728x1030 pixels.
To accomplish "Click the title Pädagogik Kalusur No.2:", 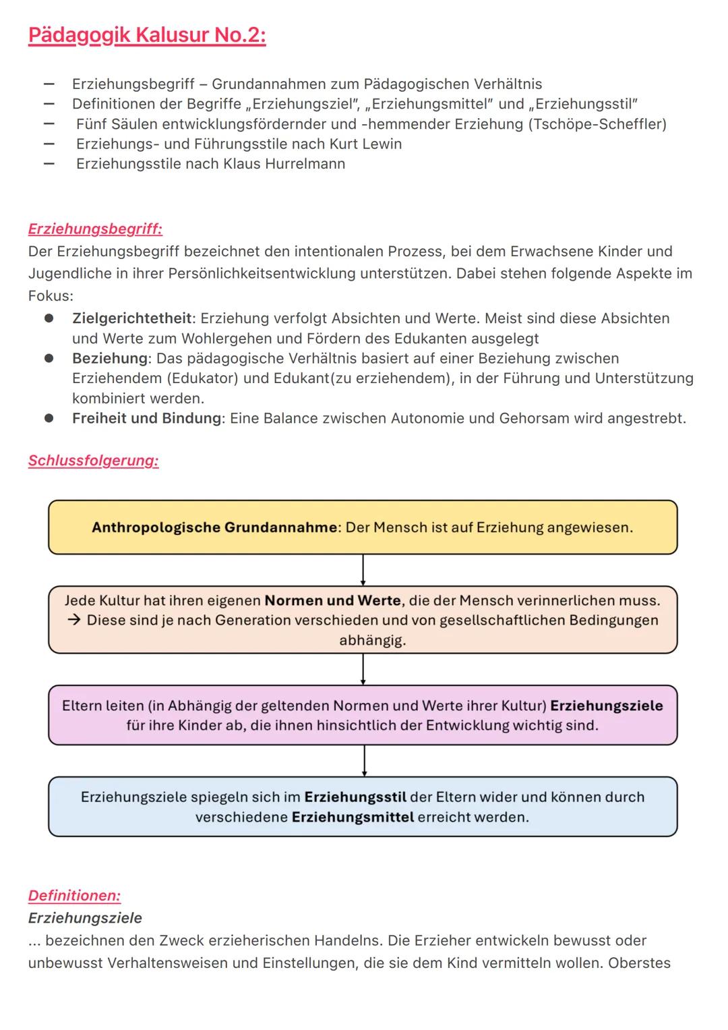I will tap(147, 35).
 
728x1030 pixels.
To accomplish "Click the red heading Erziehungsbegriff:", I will tap(95, 229).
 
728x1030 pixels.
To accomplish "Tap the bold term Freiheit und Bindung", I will tap(146, 418).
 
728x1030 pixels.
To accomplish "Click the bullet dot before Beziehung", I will tap(49, 358).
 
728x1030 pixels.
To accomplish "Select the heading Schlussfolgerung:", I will tap(93, 461).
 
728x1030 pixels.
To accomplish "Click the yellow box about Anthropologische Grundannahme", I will tap(363, 527).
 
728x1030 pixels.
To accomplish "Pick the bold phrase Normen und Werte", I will tap(333, 600).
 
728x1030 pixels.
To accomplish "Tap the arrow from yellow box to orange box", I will tap(363, 570).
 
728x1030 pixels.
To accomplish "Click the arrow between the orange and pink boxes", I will tap(363, 669).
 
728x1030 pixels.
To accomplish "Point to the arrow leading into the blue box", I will tap(364, 761).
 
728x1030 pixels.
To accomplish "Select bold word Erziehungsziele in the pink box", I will tap(607, 706).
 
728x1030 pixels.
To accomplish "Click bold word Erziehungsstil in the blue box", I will tap(355, 797).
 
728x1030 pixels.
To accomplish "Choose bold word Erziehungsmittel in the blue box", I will tap(353, 818).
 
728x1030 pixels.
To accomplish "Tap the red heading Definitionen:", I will tap(74, 896).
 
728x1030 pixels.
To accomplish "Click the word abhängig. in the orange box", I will tap(372, 640).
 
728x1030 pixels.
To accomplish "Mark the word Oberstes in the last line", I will tap(639, 963).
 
